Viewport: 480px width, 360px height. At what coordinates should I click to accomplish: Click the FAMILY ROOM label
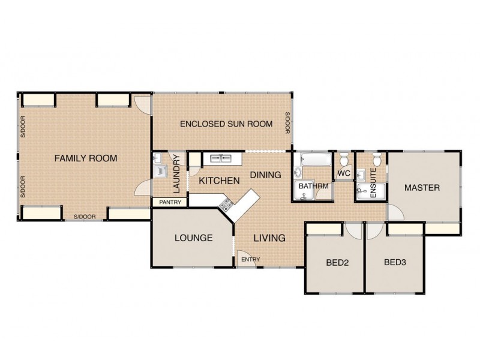(85, 158)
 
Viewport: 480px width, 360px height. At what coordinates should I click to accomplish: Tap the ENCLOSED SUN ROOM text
(226, 124)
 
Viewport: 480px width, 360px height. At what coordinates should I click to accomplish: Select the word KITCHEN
(219, 181)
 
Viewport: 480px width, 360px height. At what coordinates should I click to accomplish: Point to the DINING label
(265, 175)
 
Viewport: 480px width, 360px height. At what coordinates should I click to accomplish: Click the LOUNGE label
(193, 238)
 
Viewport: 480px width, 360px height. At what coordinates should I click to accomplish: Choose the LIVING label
(269, 238)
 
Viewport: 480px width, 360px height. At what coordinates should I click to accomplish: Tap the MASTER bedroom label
(422, 188)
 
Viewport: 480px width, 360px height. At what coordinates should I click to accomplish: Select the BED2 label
(337, 262)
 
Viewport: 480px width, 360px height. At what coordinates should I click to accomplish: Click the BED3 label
(395, 262)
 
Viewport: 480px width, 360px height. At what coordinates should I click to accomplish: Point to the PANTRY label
(170, 202)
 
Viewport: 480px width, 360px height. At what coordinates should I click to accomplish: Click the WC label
(344, 174)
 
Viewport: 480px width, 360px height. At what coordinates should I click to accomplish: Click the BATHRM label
(313, 186)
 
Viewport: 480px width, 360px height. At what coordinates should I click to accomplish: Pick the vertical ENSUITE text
(373, 179)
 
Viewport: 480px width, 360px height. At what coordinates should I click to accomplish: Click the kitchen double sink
(221, 159)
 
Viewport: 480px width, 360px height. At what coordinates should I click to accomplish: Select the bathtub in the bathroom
(314, 160)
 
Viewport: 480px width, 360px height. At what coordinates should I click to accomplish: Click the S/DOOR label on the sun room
(287, 124)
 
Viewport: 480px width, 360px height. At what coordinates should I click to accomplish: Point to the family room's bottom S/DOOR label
(84, 216)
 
